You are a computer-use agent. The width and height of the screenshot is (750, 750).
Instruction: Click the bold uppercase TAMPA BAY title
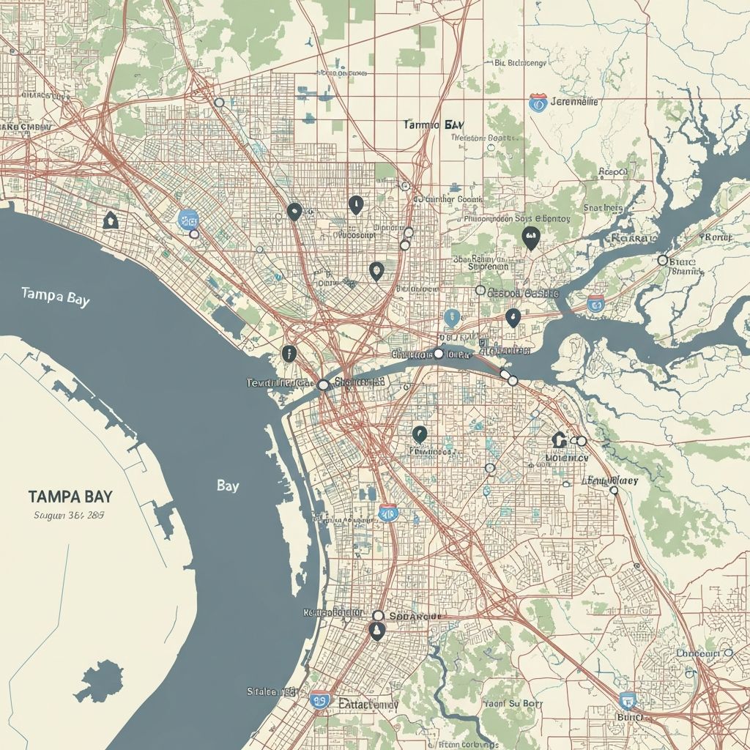pyautogui.click(x=70, y=495)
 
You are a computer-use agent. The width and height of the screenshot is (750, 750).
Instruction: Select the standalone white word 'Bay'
pyautogui.click(x=227, y=486)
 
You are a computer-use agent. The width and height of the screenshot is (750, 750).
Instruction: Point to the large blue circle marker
pyautogui.click(x=188, y=218)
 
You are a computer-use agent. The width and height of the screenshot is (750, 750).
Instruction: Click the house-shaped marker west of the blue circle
pyautogui.click(x=111, y=219)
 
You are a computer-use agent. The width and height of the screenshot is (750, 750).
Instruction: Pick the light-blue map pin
pyautogui.click(x=451, y=318)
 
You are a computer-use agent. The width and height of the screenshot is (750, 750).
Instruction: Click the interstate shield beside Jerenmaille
pyautogui.click(x=538, y=103)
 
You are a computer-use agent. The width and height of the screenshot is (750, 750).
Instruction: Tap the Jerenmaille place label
pyautogui.click(x=573, y=102)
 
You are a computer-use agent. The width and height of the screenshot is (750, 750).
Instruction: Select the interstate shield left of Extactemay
pyautogui.click(x=319, y=702)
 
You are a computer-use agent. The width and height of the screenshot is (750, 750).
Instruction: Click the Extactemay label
pyautogui.click(x=368, y=704)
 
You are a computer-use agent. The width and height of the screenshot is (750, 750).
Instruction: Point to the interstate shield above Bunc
pyautogui.click(x=628, y=700)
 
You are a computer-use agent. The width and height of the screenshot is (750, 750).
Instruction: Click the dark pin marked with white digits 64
pyautogui.click(x=531, y=237)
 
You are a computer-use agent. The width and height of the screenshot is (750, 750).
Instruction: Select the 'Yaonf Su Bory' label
pyautogui.click(x=513, y=704)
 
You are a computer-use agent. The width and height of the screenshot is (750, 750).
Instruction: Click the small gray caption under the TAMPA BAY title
pyautogui.click(x=69, y=515)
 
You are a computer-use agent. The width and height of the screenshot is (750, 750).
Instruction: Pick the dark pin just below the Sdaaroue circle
pyautogui.click(x=377, y=631)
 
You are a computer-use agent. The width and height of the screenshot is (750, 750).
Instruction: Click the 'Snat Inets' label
pyautogui.click(x=603, y=208)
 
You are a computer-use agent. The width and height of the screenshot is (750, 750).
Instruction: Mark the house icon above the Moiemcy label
pyautogui.click(x=560, y=439)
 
